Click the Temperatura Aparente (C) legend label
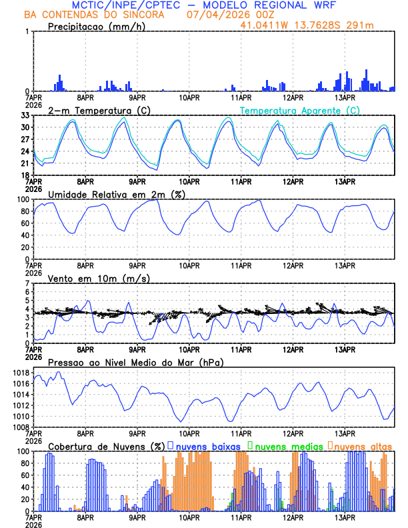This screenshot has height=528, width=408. [x=299, y=110]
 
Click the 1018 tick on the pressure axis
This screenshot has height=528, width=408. [x=19, y=373]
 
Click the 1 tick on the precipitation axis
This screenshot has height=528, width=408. [x=27, y=31]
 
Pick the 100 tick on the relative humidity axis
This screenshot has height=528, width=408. [x=22, y=199]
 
